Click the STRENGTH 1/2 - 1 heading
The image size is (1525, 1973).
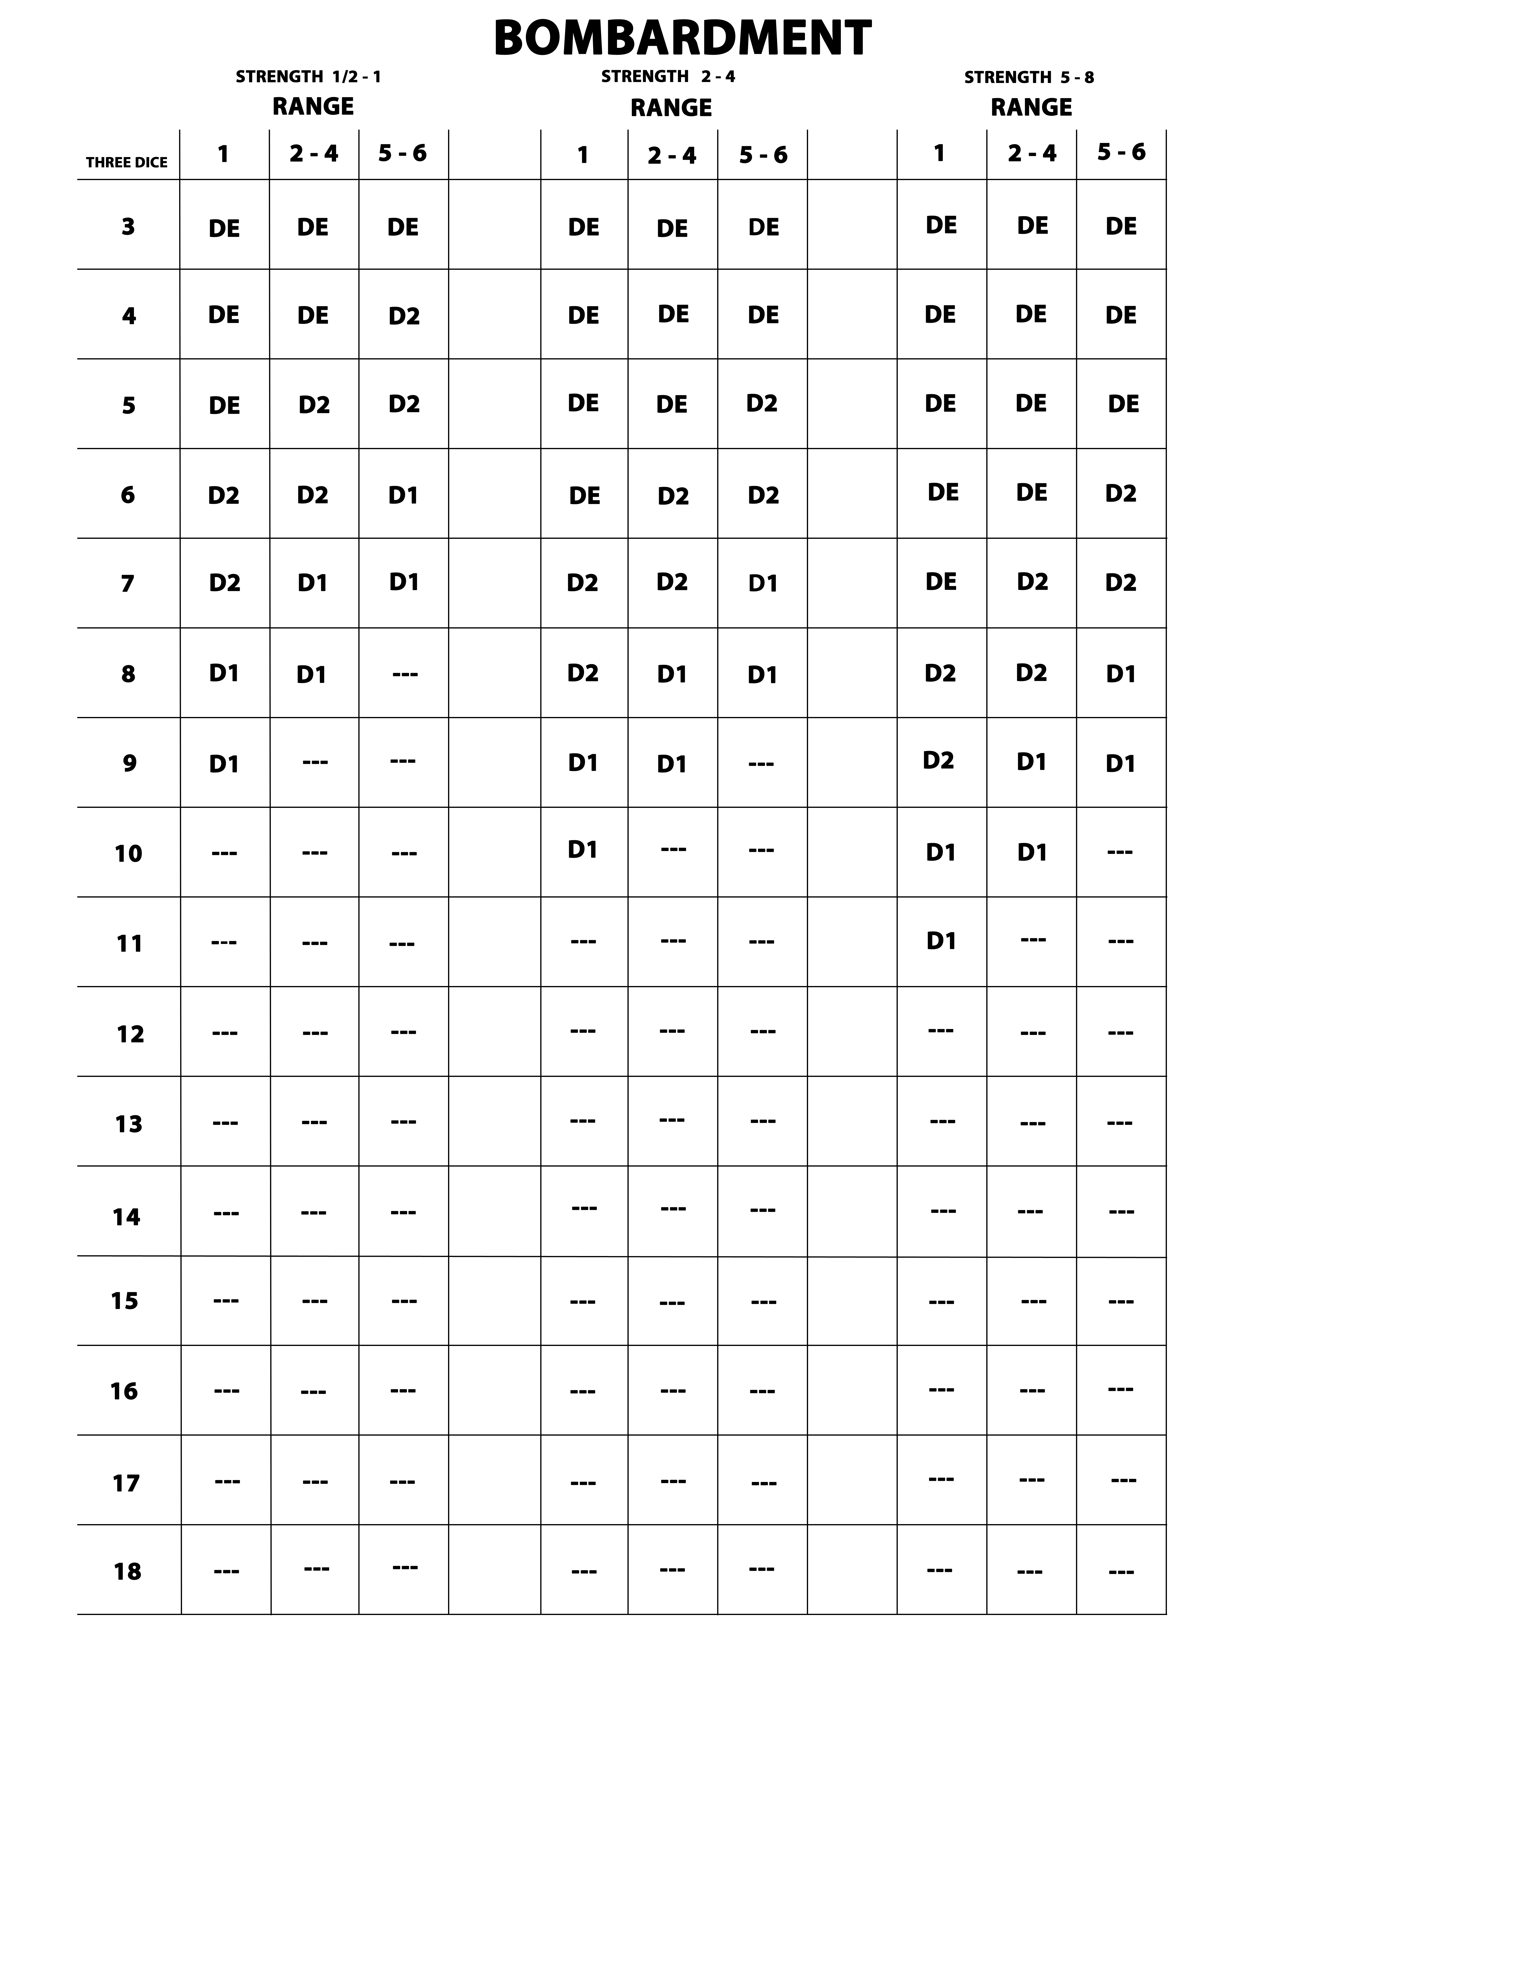308,77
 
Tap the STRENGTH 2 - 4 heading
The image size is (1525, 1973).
668,77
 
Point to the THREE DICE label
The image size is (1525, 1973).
127,163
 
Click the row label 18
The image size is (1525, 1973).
128,1572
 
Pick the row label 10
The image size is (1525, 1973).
128,854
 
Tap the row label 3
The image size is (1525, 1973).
128,227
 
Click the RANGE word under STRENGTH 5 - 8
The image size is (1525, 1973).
1031,108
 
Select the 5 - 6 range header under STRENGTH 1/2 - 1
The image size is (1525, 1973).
402,154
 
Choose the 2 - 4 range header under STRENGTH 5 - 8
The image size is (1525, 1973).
1032,154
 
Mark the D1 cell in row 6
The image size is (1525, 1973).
403,495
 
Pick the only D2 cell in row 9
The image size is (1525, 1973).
938,761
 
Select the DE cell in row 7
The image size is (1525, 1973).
941,582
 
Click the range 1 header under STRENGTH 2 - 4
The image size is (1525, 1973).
583,155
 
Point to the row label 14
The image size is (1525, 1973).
127,1217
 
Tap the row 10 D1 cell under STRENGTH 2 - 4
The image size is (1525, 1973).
583,849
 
